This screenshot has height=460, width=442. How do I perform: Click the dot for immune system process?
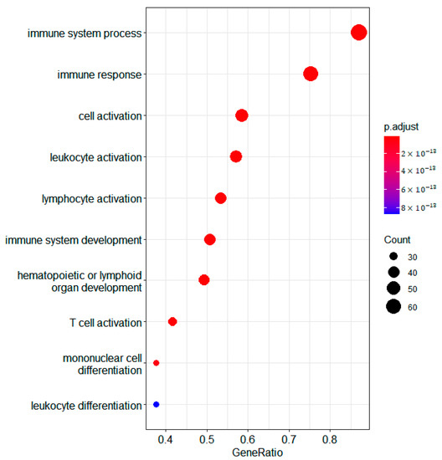pyautogui.click(x=358, y=33)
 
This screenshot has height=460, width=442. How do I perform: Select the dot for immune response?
pyautogui.click(x=311, y=74)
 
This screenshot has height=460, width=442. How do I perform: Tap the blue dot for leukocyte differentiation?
pyautogui.click(x=157, y=405)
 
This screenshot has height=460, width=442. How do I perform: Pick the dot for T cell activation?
pyautogui.click(x=172, y=322)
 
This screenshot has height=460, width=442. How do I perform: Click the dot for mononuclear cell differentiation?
pyautogui.click(x=157, y=363)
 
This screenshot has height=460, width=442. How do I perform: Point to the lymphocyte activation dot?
pyautogui.click(x=221, y=198)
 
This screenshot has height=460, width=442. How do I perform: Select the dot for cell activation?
pyautogui.click(x=242, y=115)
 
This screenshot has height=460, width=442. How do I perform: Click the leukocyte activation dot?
pyautogui.click(x=236, y=156)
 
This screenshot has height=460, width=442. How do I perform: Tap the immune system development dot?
pyautogui.click(x=210, y=240)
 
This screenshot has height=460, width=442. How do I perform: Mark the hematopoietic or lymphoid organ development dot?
pyautogui.click(x=204, y=280)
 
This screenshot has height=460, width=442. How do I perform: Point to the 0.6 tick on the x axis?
pyautogui.click(x=248, y=437)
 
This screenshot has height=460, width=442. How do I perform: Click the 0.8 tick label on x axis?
pyautogui.click(x=330, y=437)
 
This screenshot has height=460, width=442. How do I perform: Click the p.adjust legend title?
pyautogui.click(x=401, y=126)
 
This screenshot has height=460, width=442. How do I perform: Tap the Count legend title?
pyautogui.click(x=398, y=239)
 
